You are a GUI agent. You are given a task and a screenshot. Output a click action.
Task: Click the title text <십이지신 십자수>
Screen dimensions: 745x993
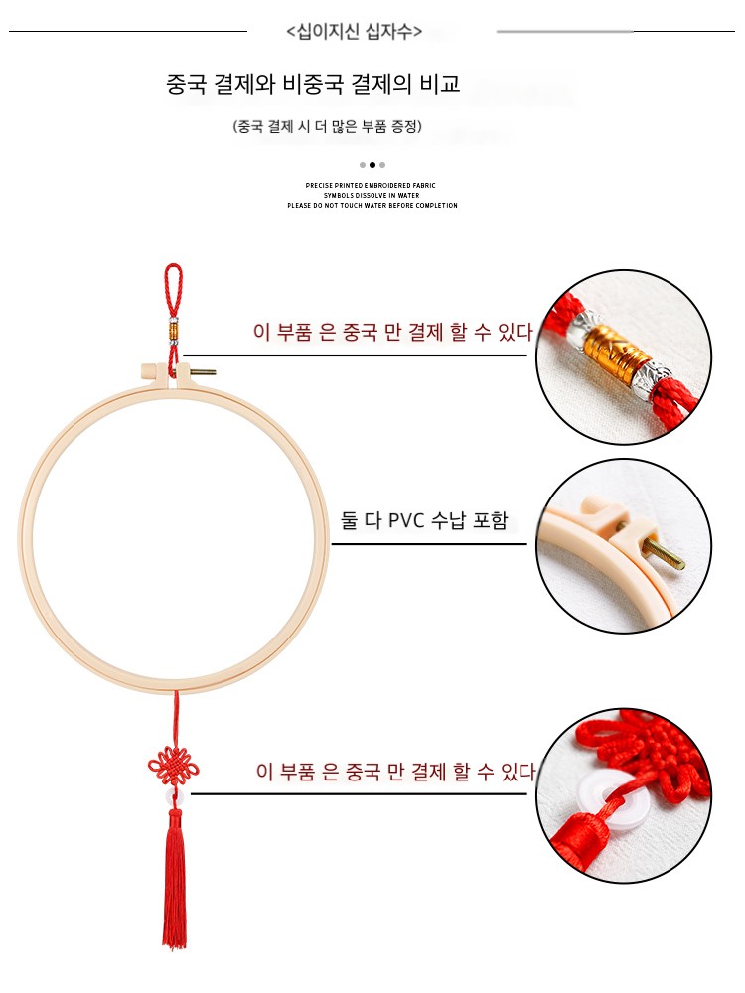[x=355, y=31]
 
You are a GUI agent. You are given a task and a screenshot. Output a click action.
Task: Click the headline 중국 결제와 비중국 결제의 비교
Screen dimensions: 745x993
[x=313, y=84]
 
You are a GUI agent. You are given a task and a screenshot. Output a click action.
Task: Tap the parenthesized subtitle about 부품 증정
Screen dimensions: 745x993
[x=328, y=127]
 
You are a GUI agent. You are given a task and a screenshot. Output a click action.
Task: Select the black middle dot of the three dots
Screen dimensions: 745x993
[x=372, y=165]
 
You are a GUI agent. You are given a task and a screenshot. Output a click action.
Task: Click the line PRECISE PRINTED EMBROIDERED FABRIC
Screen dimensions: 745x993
[x=371, y=186]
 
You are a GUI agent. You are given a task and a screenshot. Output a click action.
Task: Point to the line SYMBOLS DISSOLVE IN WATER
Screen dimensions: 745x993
[x=372, y=195]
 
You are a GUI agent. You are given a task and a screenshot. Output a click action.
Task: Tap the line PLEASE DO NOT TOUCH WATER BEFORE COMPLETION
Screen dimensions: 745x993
[x=372, y=206]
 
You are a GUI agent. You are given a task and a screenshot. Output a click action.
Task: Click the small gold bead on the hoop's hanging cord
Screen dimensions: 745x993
[x=173, y=331]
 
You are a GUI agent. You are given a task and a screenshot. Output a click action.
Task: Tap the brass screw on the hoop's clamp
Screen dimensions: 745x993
[x=204, y=371]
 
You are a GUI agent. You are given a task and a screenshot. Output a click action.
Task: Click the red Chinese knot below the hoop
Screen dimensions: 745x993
[x=173, y=765]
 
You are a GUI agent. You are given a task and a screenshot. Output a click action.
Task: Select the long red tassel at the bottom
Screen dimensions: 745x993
[x=175, y=879]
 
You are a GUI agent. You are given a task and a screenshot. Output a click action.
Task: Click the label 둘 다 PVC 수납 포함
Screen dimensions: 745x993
[x=424, y=520]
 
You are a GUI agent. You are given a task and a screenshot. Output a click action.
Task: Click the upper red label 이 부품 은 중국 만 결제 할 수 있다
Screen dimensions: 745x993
[x=392, y=332]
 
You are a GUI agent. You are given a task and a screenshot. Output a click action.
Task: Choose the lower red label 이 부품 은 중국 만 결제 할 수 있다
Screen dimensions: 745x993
[x=396, y=772]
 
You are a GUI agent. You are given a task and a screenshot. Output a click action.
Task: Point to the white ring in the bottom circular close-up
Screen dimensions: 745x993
[x=607, y=793]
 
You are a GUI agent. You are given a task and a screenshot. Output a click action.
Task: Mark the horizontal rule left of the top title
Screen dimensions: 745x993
[x=128, y=31]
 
